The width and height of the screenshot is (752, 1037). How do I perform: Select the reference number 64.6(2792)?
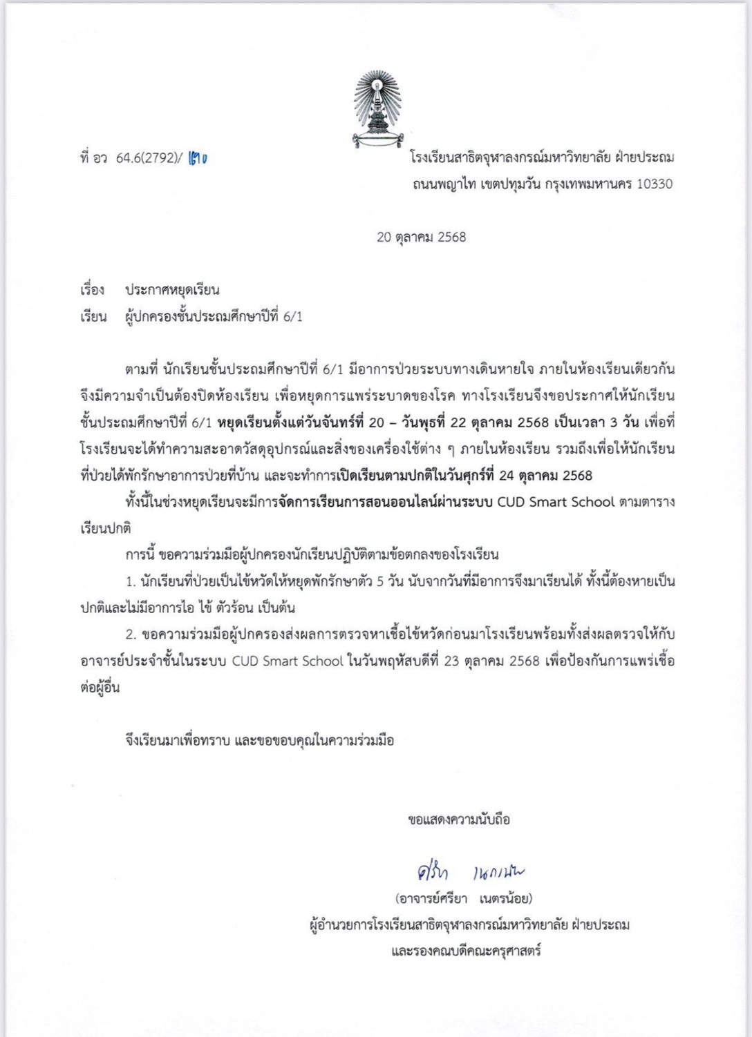[145, 158]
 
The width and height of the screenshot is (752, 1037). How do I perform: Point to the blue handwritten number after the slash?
[198, 158]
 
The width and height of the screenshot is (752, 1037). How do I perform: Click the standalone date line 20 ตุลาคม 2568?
[421, 237]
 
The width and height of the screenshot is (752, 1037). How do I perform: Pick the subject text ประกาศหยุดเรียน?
[172, 290]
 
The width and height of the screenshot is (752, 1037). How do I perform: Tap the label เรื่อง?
[92, 290]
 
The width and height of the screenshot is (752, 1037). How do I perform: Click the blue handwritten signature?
[466, 873]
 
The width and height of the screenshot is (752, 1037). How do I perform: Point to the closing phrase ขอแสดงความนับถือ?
[459, 820]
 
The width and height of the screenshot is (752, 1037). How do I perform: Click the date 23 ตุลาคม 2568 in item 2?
[491, 661]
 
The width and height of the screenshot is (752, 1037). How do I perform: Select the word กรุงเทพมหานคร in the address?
[590, 184]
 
